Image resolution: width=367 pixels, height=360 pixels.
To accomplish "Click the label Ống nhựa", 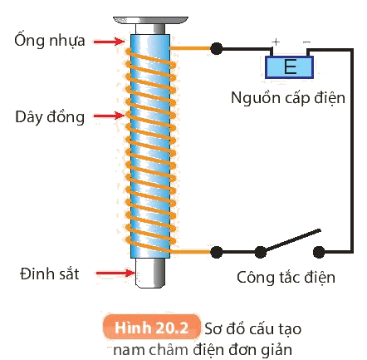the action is point(50,41).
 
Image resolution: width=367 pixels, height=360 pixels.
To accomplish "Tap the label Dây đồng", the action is point(50,116).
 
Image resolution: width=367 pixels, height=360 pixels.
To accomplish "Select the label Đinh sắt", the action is point(50,274).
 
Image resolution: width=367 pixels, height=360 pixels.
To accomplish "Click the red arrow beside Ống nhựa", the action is point(109,42).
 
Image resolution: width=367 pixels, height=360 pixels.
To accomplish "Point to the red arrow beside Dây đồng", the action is point(109,116).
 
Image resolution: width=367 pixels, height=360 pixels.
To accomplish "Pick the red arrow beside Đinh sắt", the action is point(115,273).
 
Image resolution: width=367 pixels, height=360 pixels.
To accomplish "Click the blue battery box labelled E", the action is point(290,67).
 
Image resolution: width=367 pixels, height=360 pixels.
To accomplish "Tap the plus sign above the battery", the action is point(276,42).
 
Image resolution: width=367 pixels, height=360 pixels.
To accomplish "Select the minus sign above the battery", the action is point(306,42).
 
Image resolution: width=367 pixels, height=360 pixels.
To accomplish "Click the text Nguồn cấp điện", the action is point(288,98).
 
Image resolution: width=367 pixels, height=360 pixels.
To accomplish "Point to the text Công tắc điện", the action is point(286,277).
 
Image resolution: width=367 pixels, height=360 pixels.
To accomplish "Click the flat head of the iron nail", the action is point(150,20).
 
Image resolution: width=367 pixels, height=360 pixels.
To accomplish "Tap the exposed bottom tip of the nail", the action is point(150,273).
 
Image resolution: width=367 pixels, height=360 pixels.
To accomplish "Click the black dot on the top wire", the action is point(216,49).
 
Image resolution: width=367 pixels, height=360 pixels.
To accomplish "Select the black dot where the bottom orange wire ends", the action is point(216,252).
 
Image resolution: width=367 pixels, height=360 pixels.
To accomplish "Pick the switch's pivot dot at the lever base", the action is point(260,252).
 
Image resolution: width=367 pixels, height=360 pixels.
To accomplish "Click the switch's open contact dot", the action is point(319,252).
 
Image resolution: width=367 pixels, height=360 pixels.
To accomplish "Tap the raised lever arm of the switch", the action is point(291,240).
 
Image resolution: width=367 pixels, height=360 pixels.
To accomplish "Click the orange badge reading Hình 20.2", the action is point(151,328).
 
